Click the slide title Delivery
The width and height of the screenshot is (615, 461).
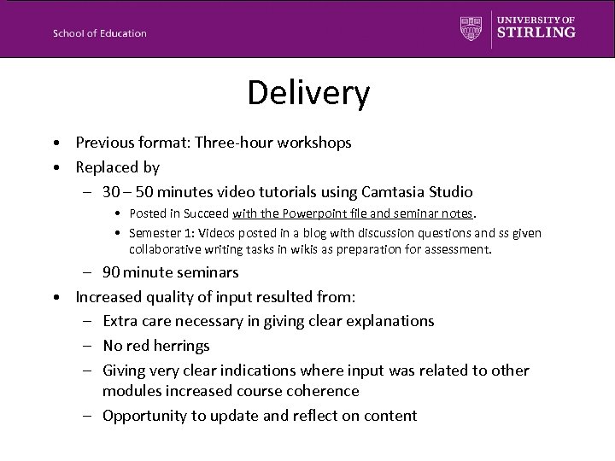308,93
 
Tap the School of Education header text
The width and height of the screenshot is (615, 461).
99,33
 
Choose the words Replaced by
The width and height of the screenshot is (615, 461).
117,167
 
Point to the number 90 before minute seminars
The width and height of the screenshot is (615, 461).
111,273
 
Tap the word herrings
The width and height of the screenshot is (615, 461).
178,346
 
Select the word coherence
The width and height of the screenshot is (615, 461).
321,390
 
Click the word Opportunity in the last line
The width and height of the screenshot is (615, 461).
143,416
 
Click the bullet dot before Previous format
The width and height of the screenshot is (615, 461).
55,143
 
